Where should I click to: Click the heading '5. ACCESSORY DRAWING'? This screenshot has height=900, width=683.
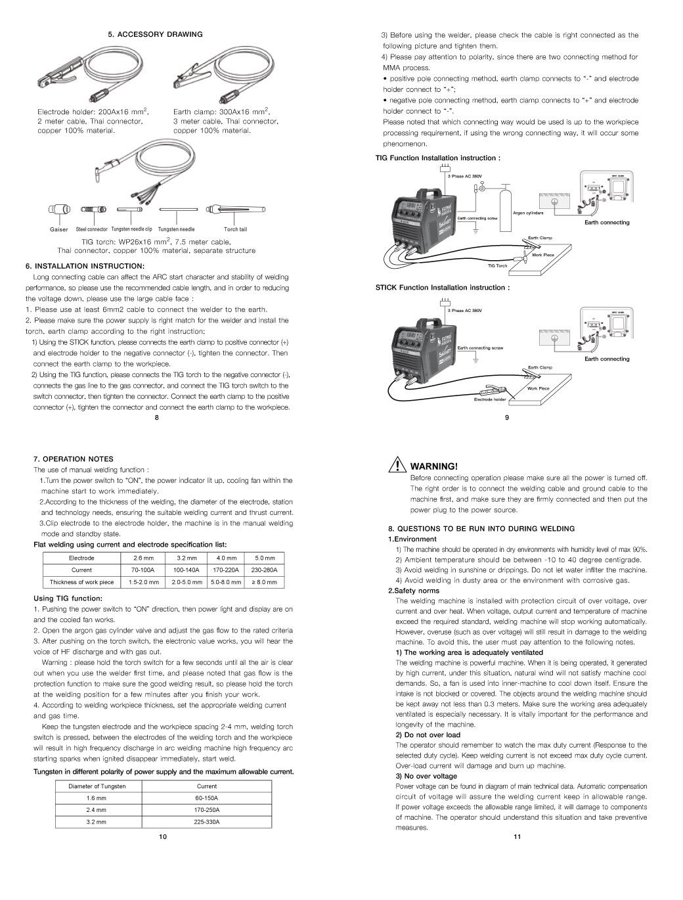[x=156, y=34]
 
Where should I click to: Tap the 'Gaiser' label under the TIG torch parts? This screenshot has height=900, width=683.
[x=59, y=230]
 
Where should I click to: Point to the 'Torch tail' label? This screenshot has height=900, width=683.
[x=235, y=230]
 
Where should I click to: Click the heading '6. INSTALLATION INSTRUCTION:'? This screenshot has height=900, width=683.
[x=85, y=266]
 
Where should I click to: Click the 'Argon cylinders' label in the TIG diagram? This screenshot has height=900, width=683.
[x=528, y=213]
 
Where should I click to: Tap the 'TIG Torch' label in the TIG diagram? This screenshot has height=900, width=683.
[x=497, y=266]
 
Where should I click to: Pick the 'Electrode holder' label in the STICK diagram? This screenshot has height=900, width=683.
[x=490, y=399]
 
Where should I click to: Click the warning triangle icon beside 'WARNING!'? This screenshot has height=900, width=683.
[x=396, y=466]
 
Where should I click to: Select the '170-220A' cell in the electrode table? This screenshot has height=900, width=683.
[x=226, y=570]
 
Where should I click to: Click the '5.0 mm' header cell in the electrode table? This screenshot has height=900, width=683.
[x=265, y=558]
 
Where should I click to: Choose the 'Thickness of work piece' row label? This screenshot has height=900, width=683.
[x=82, y=582]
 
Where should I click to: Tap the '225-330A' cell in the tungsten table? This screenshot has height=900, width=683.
[x=207, y=822]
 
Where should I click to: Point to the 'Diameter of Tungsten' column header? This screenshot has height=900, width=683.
[x=97, y=786]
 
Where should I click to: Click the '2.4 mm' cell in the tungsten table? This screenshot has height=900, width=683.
[x=96, y=810]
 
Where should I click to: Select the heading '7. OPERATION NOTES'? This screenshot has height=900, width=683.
[x=74, y=459]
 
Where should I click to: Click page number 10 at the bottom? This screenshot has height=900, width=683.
[x=163, y=837]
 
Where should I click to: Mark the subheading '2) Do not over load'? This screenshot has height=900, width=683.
[x=428, y=734]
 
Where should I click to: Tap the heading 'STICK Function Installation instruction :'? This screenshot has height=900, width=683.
[x=442, y=288]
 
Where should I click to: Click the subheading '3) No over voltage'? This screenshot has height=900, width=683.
[x=426, y=776]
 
